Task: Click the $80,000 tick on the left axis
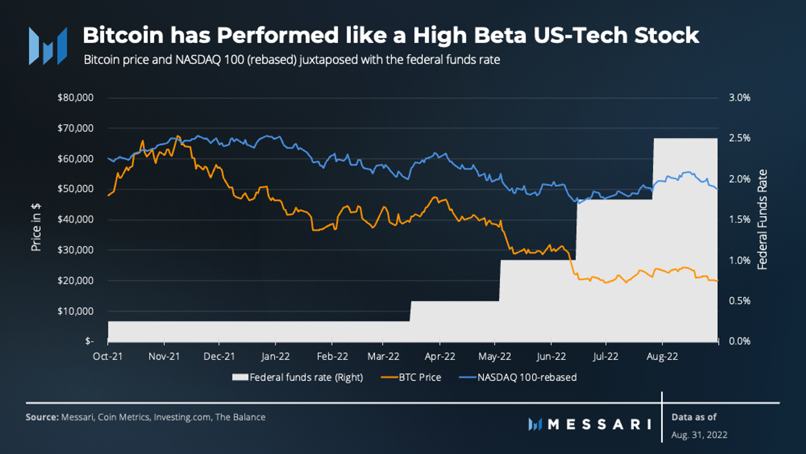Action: click(x=75, y=98)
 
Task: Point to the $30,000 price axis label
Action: click(x=75, y=250)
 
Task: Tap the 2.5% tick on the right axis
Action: click(x=739, y=138)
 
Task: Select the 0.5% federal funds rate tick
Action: click(x=739, y=301)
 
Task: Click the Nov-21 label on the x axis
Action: click(x=164, y=356)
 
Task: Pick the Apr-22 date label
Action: click(x=439, y=356)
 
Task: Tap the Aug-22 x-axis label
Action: click(x=662, y=356)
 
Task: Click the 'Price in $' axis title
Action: click(x=36, y=227)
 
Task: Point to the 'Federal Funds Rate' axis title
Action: click(x=762, y=219)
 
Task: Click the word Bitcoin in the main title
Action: click(x=123, y=35)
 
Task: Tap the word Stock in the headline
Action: click(x=666, y=35)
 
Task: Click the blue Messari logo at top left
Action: click(x=48, y=46)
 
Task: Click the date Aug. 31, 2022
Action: click(x=699, y=435)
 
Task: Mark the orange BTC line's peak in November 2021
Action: click(x=178, y=136)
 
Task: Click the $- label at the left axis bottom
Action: click(x=89, y=341)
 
